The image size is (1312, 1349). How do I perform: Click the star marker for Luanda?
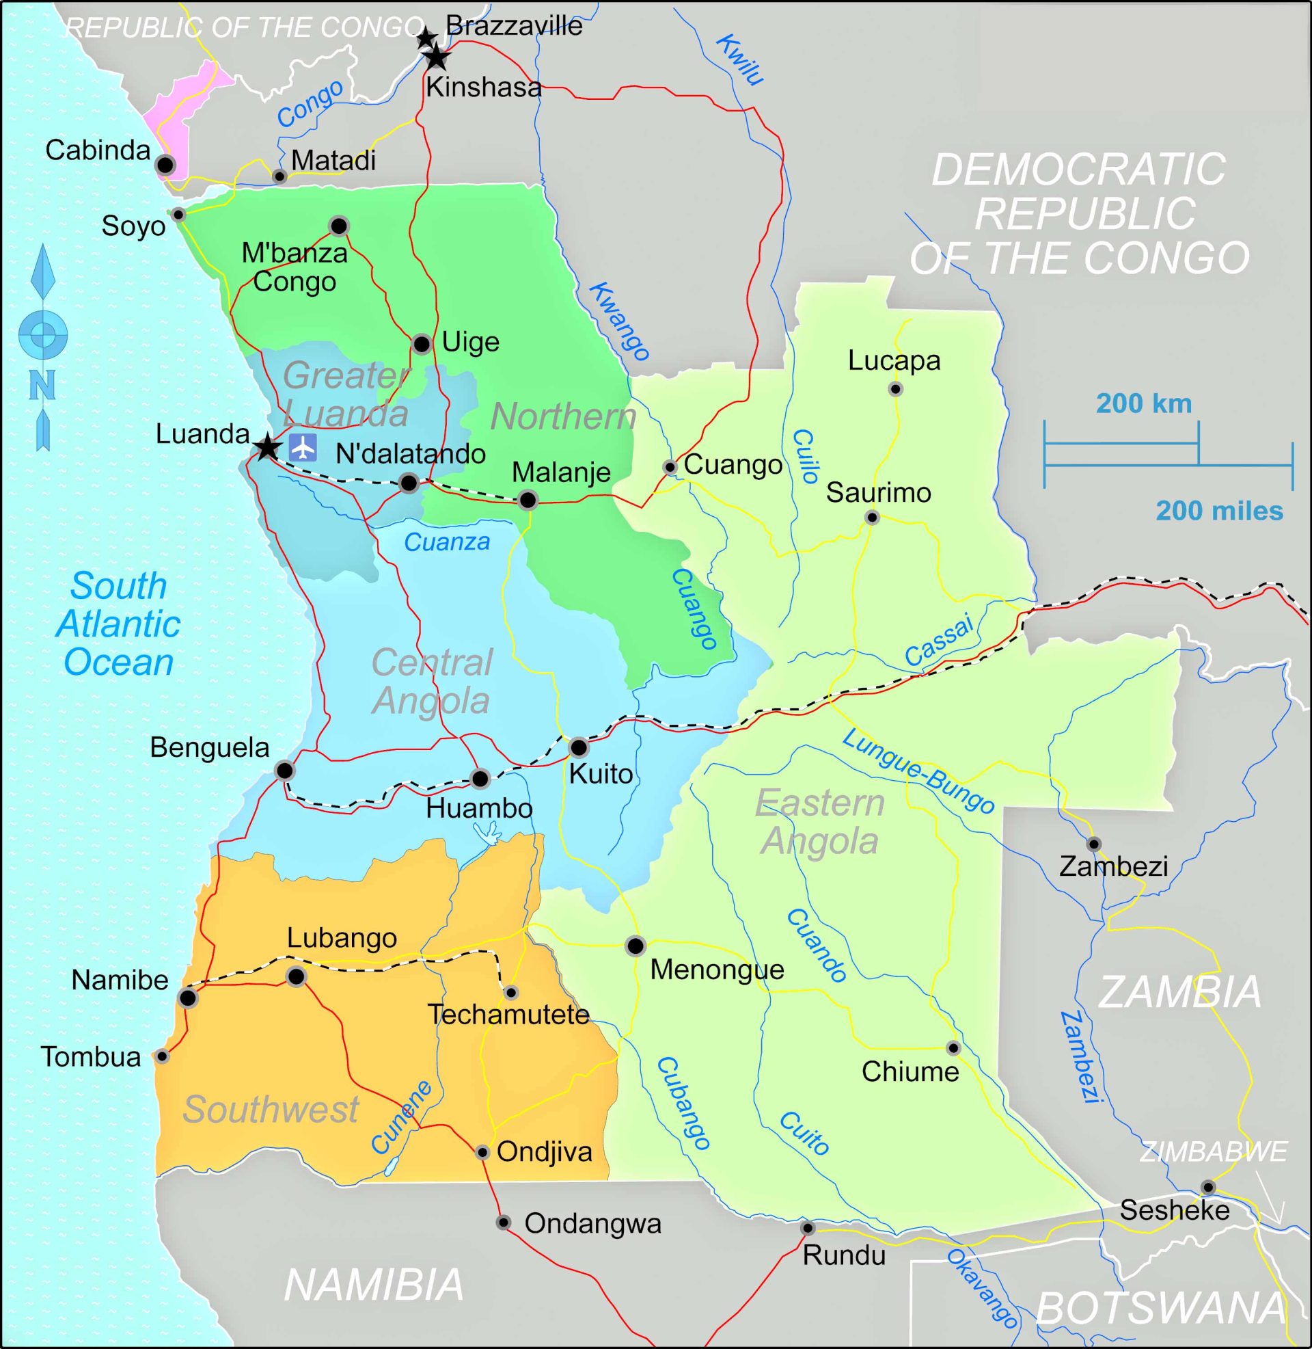coord(267,447)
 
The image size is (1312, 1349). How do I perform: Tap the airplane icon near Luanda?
coord(303,447)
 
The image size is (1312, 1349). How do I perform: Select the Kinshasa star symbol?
coord(436,57)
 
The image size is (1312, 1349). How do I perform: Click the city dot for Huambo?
coord(480,779)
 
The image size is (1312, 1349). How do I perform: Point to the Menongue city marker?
coord(635,946)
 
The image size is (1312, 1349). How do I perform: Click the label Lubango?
coord(342,938)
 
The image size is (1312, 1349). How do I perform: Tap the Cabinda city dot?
coord(165,165)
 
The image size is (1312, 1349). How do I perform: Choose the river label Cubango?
coord(682,1103)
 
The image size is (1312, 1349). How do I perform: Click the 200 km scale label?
coord(1144,404)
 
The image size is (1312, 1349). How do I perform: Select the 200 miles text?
coord(1219,511)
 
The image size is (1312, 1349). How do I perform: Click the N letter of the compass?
coord(42,386)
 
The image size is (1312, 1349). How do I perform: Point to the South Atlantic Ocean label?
coord(118,624)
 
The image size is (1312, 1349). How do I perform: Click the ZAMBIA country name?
coord(1179,993)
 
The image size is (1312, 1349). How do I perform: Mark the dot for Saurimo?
coord(872,517)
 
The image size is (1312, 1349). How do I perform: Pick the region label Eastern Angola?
coord(820,822)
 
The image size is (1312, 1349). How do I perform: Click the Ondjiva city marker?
coord(482,1152)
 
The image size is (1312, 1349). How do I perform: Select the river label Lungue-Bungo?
coord(918,771)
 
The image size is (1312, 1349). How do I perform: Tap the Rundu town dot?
coord(808,1228)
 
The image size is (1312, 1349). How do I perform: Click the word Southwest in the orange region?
coord(271,1109)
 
